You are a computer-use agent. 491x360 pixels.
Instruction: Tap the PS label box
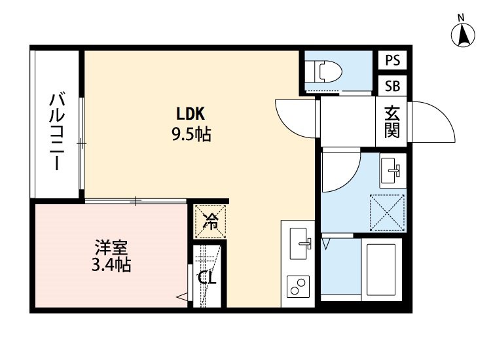tap(393, 60)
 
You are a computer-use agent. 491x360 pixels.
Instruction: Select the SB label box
tap(393, 85)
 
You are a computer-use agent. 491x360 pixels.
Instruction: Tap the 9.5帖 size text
tap(191, 135)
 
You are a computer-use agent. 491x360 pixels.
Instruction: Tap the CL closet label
tap(208, 278)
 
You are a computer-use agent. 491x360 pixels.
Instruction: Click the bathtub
tap(380, 268)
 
